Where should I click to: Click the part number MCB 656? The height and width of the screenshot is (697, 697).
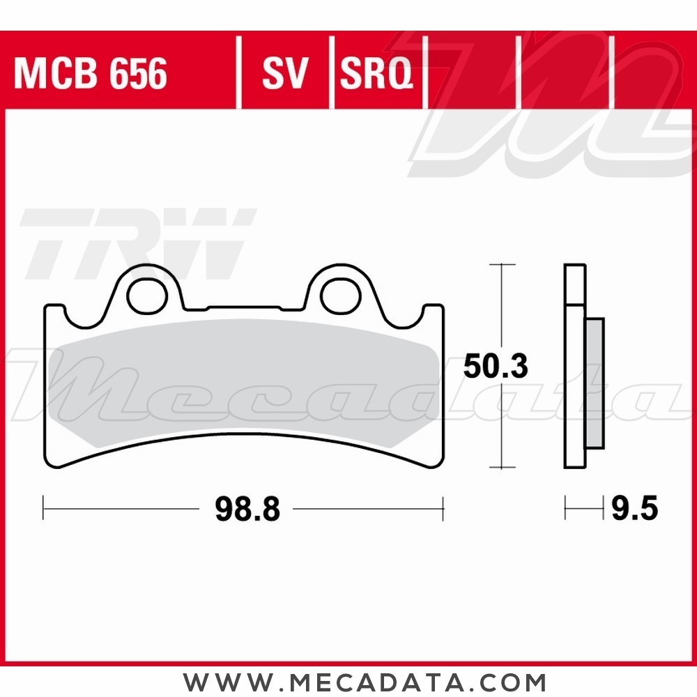click(x=90, y=73)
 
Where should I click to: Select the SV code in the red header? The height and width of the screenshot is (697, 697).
click(x=285, y=73)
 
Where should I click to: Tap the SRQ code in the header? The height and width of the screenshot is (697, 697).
click(x=376, y=73)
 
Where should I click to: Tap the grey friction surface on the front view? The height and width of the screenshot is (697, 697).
click(x=244, y=383)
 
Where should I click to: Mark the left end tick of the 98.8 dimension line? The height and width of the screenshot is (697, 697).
click(x=44, y=509)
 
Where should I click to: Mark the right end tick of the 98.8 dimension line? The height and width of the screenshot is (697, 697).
click(x=443, y=509)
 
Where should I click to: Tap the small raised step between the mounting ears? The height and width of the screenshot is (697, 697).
click(x=244, y=307)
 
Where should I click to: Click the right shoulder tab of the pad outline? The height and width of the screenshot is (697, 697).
click(x=432, y=314)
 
